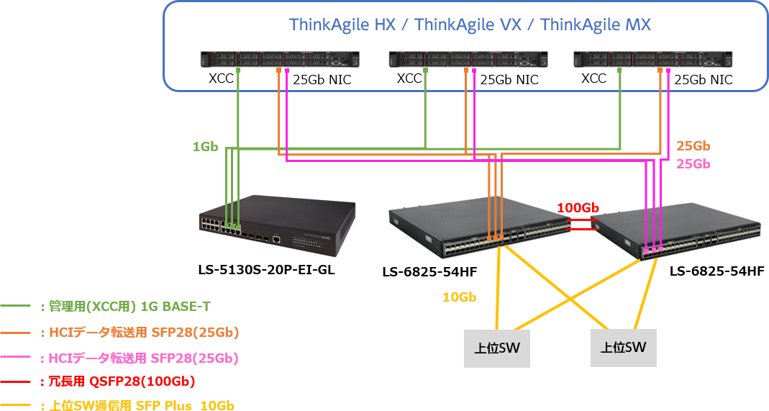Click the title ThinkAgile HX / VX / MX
tap(470, 24)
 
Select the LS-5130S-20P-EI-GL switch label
tap(266, 270)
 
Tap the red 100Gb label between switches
tap(578, 208)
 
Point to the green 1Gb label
tap(205, 147)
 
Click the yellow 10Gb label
tap(460, 297)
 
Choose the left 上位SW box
tap(497, 348)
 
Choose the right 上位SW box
tap(624, 348)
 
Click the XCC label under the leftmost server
tap(221, 78)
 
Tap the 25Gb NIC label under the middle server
tap(509, 79)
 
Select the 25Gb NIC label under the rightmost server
tap(704, 79)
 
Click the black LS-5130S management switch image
tap(277, 226)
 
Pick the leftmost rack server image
tap(280, 59)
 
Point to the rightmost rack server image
tap(652, 59)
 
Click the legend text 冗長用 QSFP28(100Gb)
tap(122, 381)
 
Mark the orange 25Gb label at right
tap(693, 145)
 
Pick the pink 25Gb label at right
tap(693, 164)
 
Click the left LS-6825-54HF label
tap(429, 271)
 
